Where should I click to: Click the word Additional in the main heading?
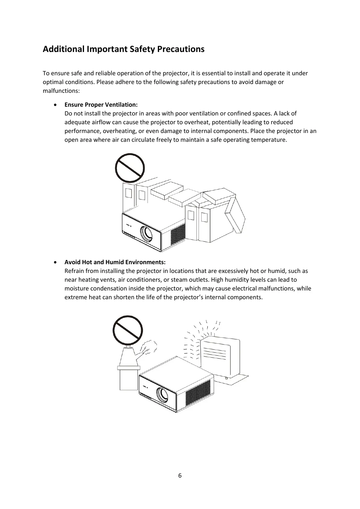click(x=63, y=49)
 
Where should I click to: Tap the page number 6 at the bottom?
click(x=180, y=475)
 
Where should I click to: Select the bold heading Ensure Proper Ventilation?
click(x=101, y=105)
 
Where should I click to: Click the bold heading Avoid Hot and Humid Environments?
click(x=115, y=262)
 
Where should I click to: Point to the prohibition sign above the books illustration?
click(x=130, y=168)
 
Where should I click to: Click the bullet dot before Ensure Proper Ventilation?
click(x=54, y=105)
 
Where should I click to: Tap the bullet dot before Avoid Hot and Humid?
click(x=54, y=262)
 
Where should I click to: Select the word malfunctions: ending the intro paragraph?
click(x=61, y=91)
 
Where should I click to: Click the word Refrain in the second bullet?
click(x=74, y=271)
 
